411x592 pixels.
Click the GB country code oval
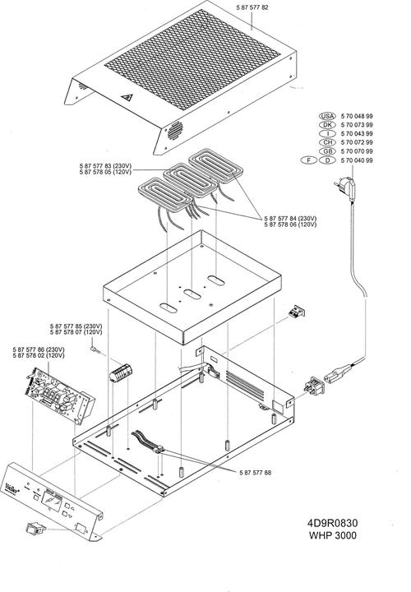[326, 152]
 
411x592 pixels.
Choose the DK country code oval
[326, 125]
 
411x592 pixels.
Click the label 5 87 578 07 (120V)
[76, 333]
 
